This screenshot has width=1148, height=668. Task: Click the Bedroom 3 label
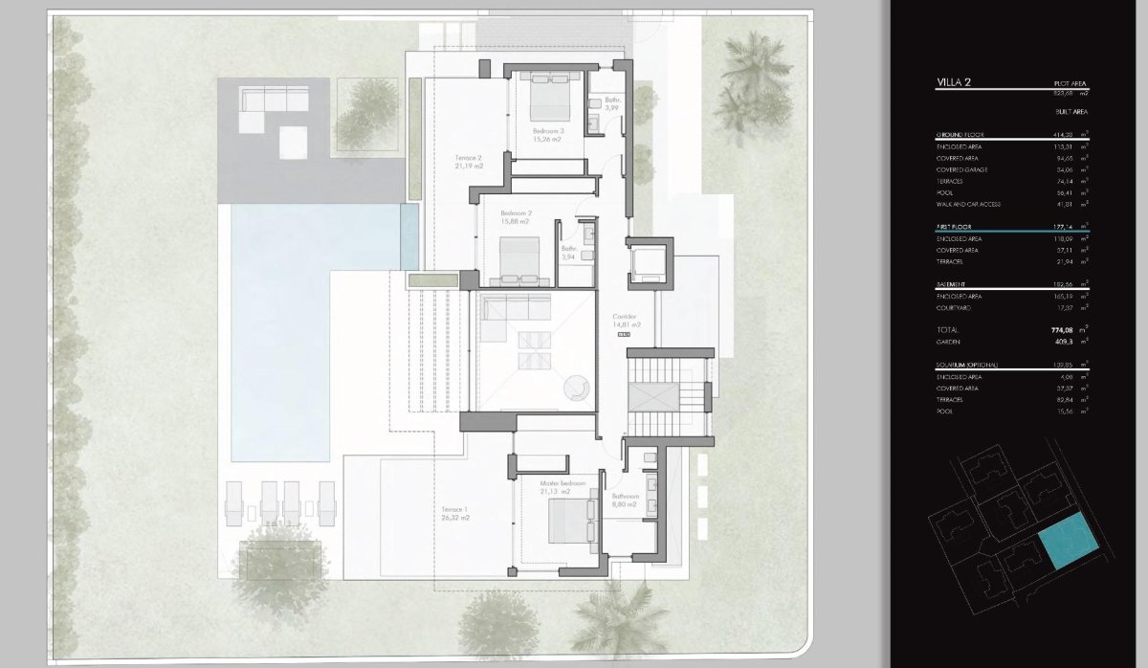tap(548, 131)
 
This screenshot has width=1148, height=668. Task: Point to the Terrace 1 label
tap(454, 509)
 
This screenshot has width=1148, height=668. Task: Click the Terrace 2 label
tap(468, 157)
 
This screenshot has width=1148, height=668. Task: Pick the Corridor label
tap(625, 317)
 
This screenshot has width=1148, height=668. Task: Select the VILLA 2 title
tap(954, 83)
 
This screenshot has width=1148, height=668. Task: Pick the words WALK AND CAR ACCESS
tap(973, 204)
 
